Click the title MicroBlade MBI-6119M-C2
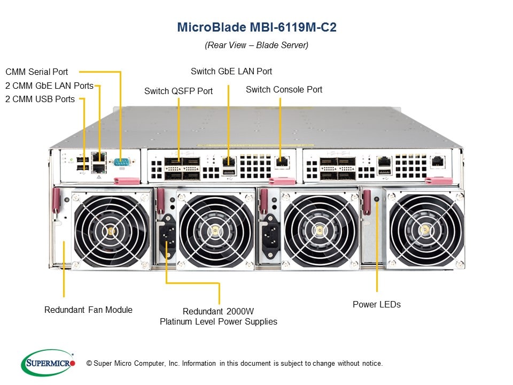[x=256, y=27]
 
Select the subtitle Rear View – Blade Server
[x=256, y=45]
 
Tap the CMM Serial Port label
[x=37, y=72]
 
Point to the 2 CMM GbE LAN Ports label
[x=49, y=86]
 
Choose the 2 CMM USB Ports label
[x=40, y=99]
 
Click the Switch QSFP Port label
[x=178, y=91]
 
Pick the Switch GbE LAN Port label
[x=231, y=71]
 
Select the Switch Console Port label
[x=284, y=89]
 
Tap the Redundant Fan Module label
[x=88, y=310]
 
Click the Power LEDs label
[x=376, y=304]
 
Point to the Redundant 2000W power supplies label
[x=219, y=317]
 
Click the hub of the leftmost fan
[x=111, y=230]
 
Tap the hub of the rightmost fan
[x=425, y=230]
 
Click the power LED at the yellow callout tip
[x=377, y=199]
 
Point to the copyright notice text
[x=235, y=364]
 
